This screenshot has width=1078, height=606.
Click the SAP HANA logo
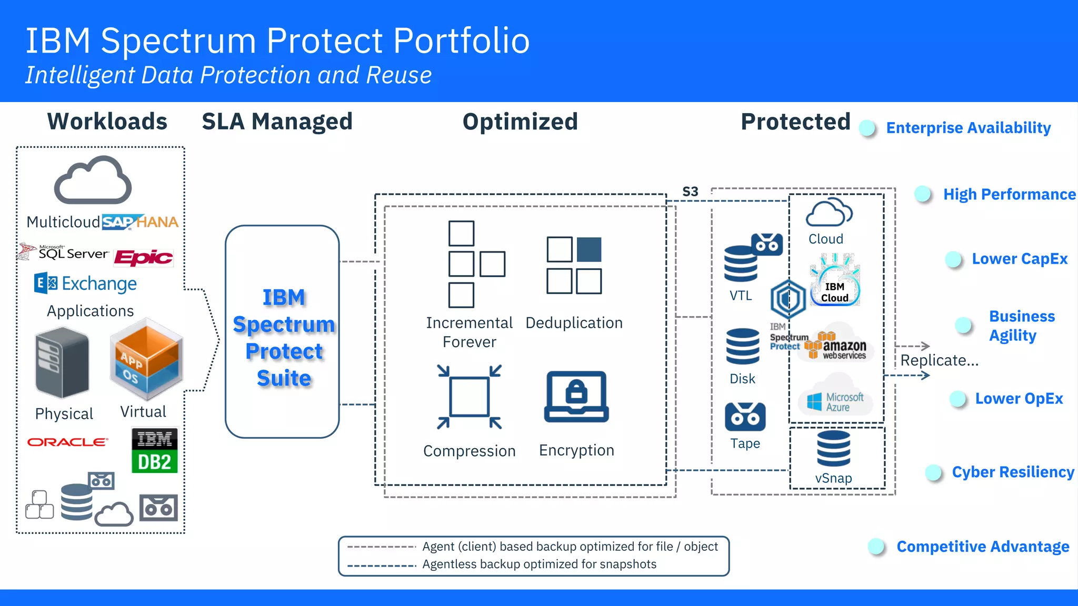(140, 222)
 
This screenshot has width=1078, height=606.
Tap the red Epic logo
(143, 257)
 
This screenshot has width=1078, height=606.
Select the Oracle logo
(67, 442)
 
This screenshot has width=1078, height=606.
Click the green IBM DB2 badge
(154, 450)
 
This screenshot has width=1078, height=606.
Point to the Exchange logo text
(99, 284)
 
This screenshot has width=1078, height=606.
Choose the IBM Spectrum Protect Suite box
(283, 331)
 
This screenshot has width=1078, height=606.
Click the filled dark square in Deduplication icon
(588, 249)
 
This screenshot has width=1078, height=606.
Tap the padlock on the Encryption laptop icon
(576, 392)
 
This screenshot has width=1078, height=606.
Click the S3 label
(690, 191)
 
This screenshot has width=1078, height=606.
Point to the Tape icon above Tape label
(745, 417)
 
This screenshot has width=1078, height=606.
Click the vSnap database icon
(833, 449)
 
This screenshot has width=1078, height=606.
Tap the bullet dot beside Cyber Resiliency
(933, 472)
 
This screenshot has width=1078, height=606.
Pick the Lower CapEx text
(1019, 259)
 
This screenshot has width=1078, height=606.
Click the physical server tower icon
(62, 363)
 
